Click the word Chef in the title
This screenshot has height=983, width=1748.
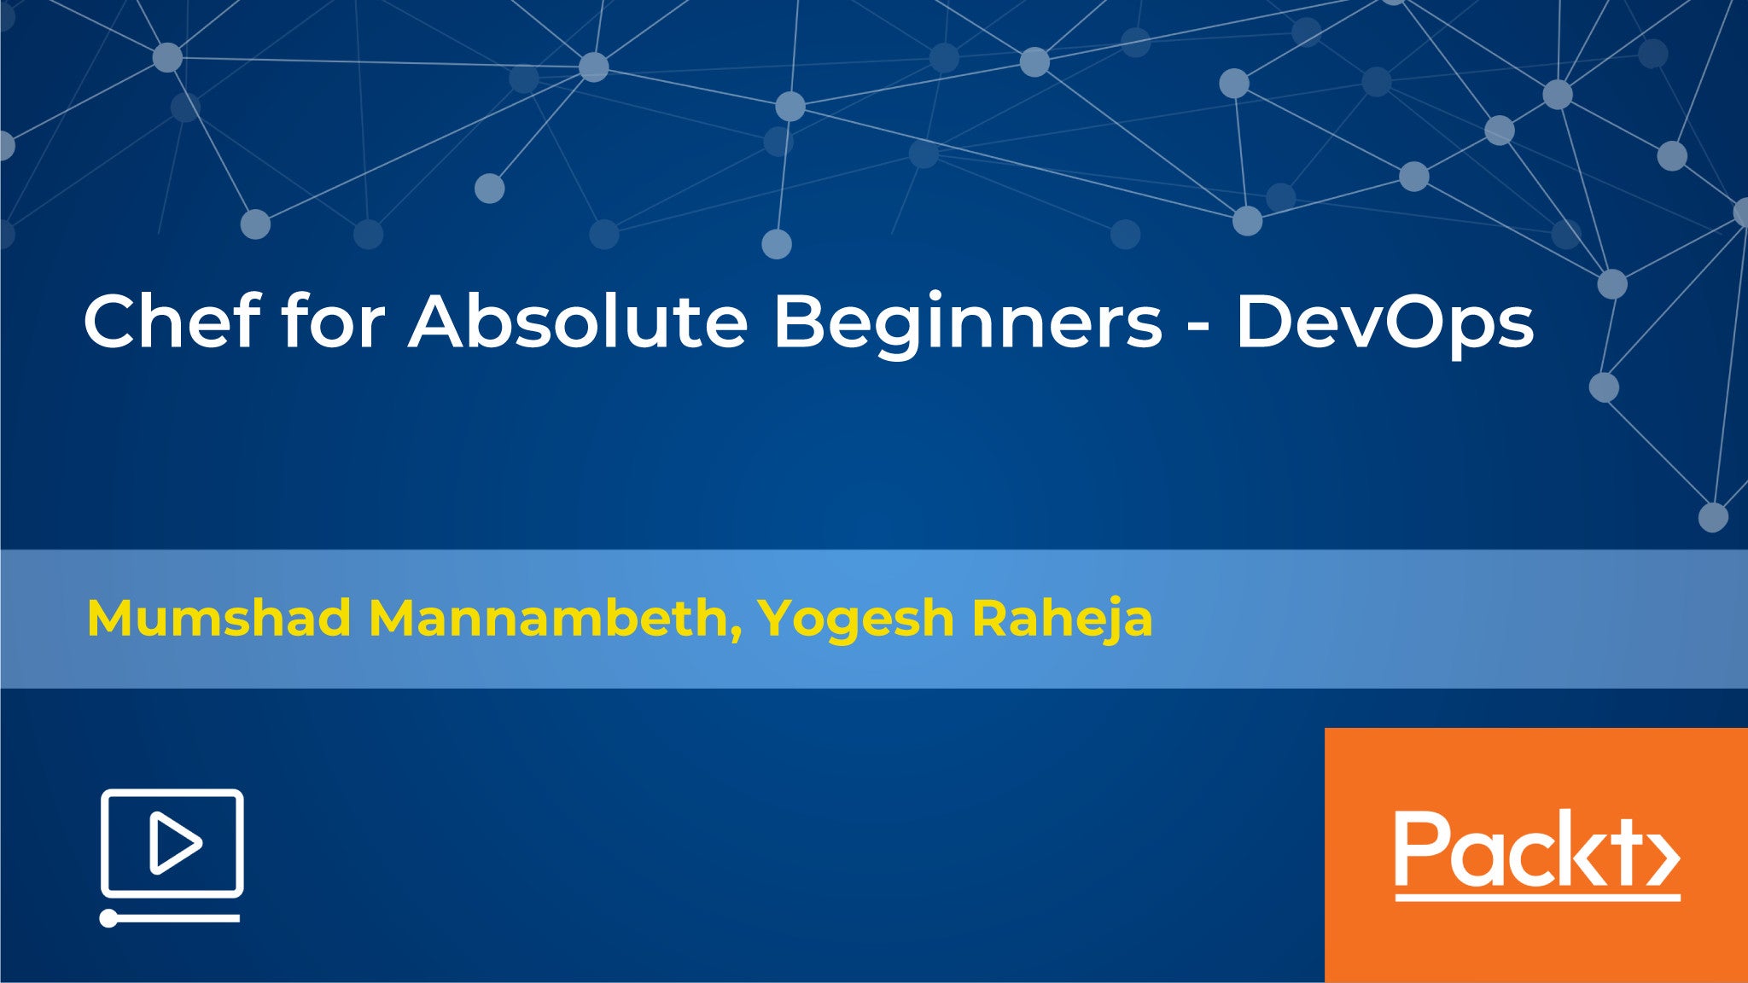172,321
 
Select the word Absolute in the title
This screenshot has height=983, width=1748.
578,321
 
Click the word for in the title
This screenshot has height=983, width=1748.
334,321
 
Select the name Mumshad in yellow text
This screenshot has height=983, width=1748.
218,618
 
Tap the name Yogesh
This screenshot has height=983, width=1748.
856,621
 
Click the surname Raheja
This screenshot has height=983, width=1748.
1063,621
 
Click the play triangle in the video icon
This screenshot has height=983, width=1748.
175,843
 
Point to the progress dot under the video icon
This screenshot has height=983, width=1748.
109,918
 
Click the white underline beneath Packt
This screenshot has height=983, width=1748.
1537,897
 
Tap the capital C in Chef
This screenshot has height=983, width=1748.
112,322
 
